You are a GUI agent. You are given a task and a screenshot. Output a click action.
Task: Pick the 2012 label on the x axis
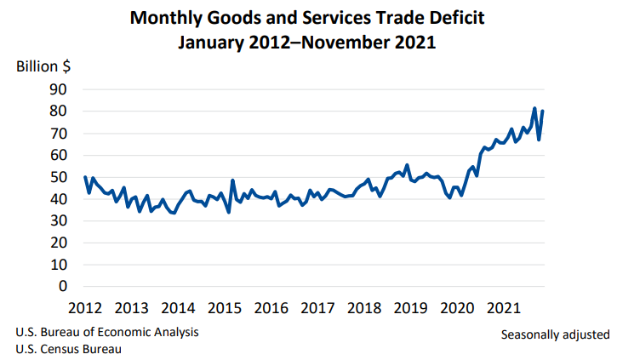86,307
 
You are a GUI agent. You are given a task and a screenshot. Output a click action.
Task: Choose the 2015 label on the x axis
226,307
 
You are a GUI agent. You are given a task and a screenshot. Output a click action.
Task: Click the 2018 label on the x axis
364,307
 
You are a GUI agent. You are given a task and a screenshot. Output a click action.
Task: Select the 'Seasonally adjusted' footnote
555,334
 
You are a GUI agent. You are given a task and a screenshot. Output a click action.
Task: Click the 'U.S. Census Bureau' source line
67,349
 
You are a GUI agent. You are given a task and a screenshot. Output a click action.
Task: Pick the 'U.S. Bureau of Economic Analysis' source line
107,331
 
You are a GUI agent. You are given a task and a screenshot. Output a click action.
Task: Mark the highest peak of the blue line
534,108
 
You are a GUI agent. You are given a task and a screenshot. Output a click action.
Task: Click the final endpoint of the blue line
543,111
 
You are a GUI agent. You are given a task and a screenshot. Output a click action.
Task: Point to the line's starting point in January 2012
86,177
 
